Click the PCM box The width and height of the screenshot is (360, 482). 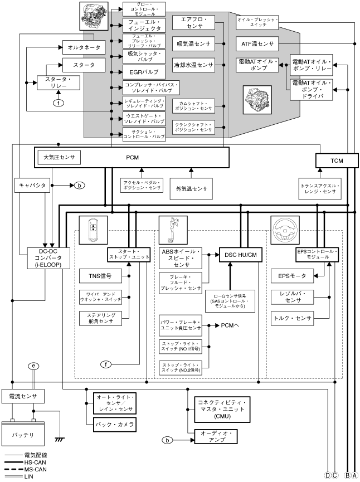coord(132,157)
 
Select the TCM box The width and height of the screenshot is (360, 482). coord(336,160)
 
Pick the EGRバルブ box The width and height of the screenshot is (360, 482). coord(144,72)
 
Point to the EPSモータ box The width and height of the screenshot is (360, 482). coord(290,274)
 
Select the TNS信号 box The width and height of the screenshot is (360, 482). coord(100,275)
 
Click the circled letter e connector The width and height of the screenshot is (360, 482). coord(35,366)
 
